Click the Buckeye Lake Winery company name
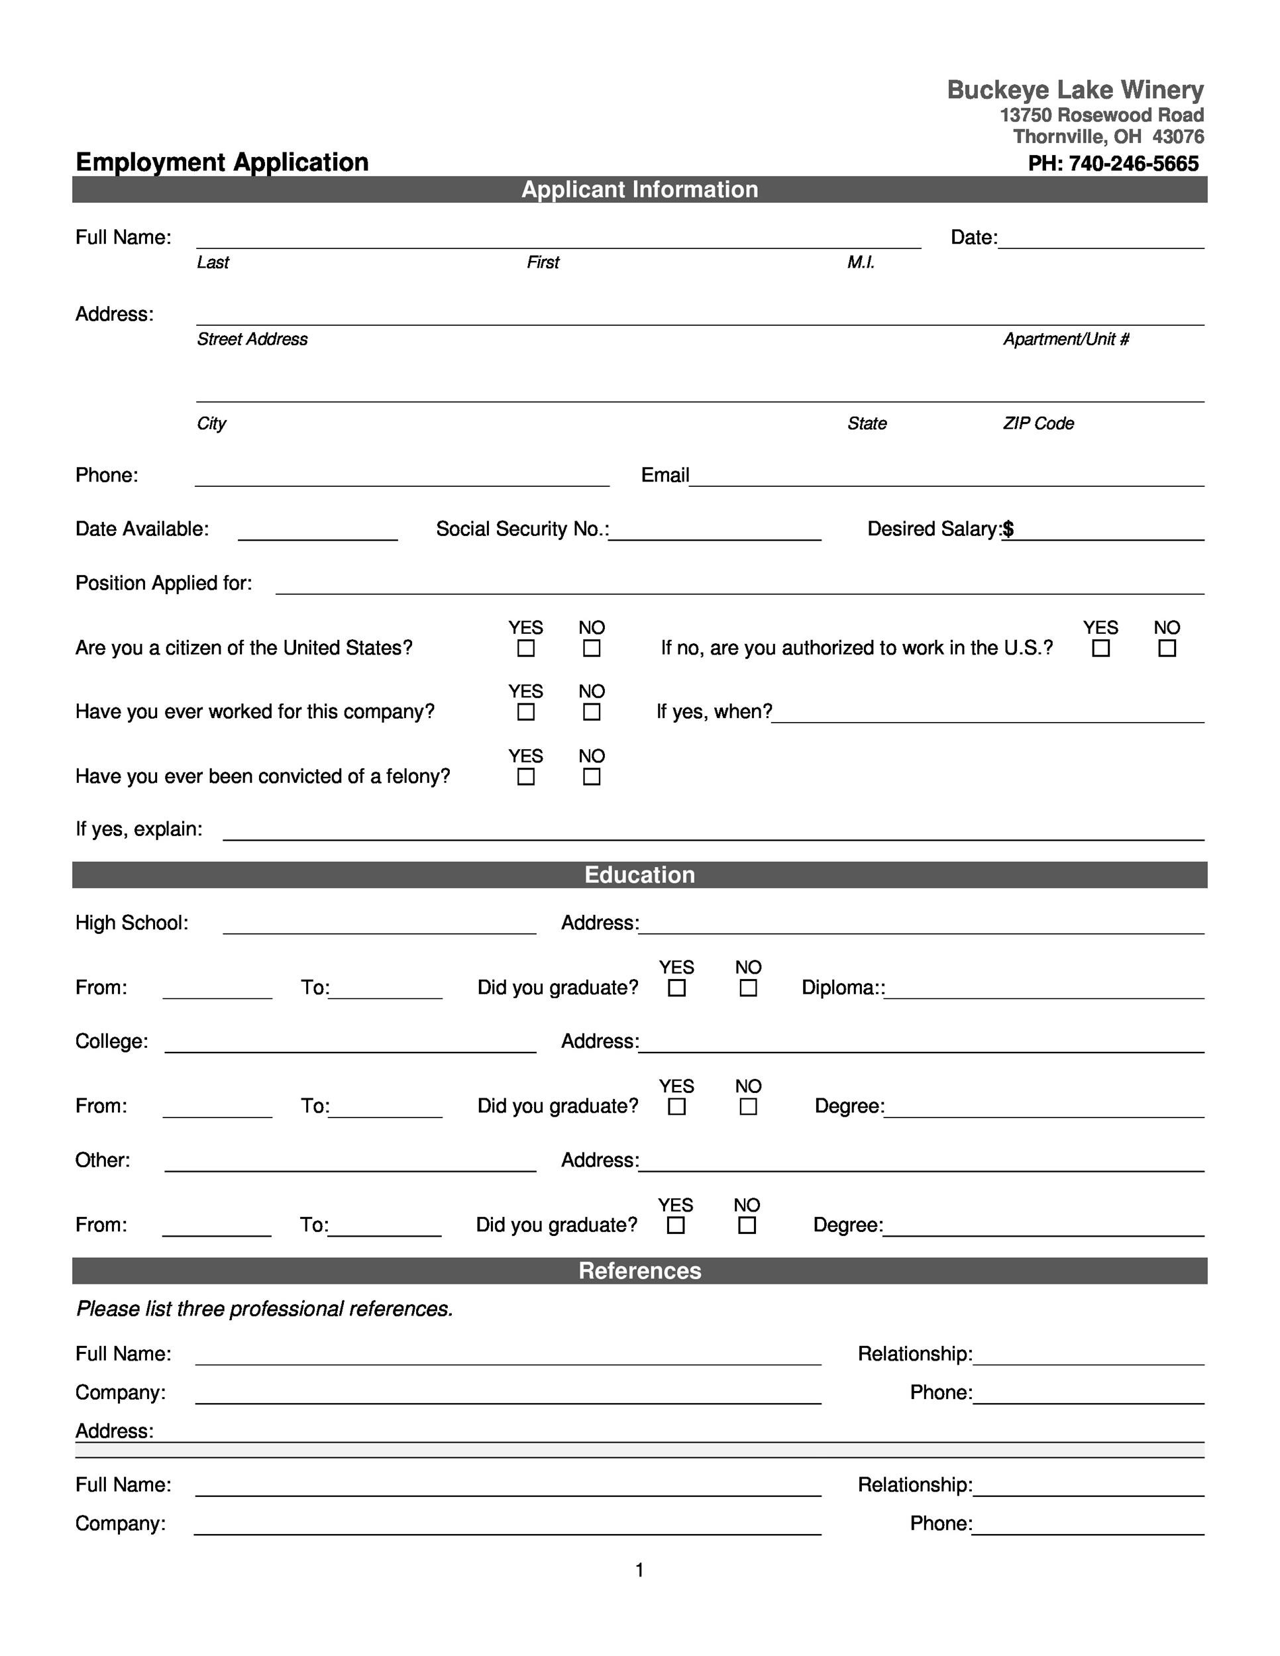pyautogui.click(x=1075, y=89)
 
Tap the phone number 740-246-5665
pyautogui.click(x=1133, y=163)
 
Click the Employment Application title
pyautogui.click(x=221, y=162)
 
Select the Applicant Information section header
pyautogui.click(x=639, y=189)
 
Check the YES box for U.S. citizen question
pyautogui.click(x=525, y=648)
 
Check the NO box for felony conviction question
pyautogui.click(x=592, y=776)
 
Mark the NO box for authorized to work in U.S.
pyautogui.click(x=1167, y=648)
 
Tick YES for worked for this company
pyautogui.click(x=525, y=712)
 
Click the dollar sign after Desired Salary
pyautogui.click(x=1008, y=529)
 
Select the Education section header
pyautogui.click(x=639, y=874)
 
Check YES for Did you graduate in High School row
pyautogui.click(x=676, y=988)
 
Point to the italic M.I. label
pyautogui.click(x=861, y=262)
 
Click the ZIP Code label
pyautogui.click(x=1038, y=423)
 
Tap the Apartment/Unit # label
pyautogui.click(x=1065, y=339)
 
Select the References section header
pyautogui.click(x=639, y=1270)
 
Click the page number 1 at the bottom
pyautogui.click(x=639, y=1571)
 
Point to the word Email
pyautogui.click(x=665, y=475)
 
